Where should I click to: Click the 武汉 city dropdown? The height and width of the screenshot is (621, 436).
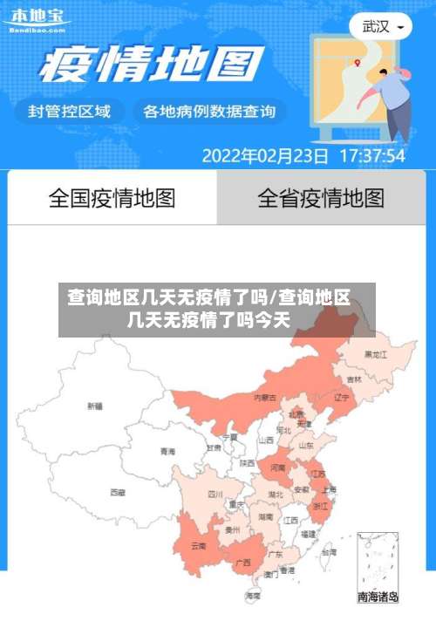tap(381, 26)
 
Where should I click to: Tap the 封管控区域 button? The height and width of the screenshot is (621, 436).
tap(70, 111)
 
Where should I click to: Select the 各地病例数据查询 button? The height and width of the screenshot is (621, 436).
tap(208, 111)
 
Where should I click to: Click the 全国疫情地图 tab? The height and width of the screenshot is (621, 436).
tap(112, 198)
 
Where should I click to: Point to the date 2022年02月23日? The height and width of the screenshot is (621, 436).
tap(265, 156)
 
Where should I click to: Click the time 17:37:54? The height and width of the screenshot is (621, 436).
tap(371, 156)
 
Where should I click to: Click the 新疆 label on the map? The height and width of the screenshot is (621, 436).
tap(94, 406)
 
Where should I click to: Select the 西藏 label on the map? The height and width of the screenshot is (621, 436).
tap(117, 492)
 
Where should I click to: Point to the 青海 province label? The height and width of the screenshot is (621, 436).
tap(167, 452)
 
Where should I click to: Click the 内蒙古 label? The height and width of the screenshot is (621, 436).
tap(264, 397)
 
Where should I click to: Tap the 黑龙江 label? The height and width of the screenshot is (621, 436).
tap(376, 355)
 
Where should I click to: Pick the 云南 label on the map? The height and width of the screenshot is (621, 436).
tap(197, 546)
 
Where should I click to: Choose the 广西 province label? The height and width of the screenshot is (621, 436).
tap(242, 563)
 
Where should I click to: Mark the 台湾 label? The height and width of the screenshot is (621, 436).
tap(328, 552)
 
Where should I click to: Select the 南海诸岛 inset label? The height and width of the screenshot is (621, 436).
tap(378, 597)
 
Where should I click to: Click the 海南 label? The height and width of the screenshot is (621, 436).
tap(253, 596)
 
